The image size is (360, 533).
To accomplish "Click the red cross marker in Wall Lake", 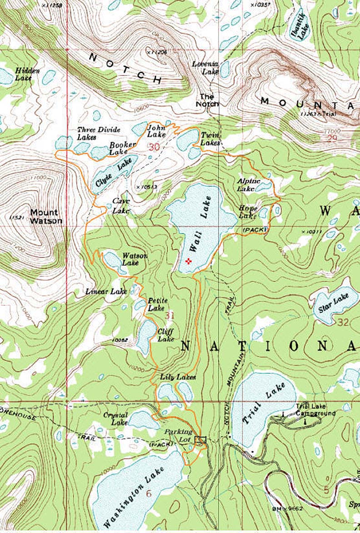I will [189, 261].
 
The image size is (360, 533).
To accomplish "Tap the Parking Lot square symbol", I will [200, 440].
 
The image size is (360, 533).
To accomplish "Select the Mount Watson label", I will [44, 216].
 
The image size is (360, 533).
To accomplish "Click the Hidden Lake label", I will [27, 74].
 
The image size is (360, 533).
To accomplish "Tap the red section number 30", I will [154, 147].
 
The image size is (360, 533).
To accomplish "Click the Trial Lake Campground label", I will [315, 410].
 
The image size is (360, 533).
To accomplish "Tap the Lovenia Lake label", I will [205, 68].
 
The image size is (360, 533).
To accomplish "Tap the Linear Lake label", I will [106, 291].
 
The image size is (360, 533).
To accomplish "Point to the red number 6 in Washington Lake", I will [148, 493].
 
